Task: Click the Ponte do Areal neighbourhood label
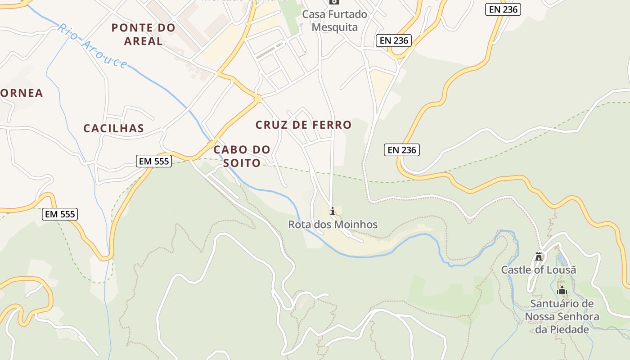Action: point(143,34)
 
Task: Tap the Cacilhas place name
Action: point(114,128)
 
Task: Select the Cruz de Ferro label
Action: point(303,125)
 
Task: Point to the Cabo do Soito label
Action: point(242,156)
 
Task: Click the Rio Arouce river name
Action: point(92,46)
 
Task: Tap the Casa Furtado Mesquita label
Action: point(334,21)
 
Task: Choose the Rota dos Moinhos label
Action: point(333,224)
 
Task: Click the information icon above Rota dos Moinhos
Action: point(333,211)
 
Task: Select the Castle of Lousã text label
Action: point(539,270)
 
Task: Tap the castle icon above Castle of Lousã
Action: point(538,256)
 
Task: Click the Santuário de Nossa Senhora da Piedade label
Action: point(562,316)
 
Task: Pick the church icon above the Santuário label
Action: point(562,291)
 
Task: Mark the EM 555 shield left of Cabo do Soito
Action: point(154,161)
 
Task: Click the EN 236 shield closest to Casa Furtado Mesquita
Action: point(394,40)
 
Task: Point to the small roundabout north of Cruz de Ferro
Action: point(258,98)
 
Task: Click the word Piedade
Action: point(562,329)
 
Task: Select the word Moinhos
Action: point(355,224)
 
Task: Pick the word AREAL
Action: point(143,41)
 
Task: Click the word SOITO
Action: point(242,163)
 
